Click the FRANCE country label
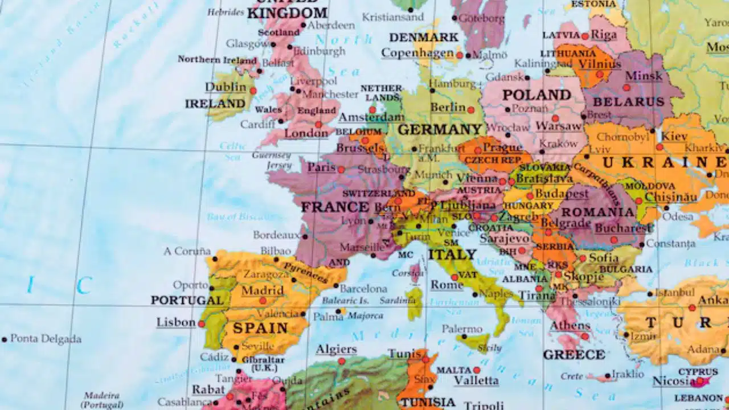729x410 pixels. tap(335, 207)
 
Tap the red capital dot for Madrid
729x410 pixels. tap(263, 301)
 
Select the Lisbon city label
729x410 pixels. tap(176, 322)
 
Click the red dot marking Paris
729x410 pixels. tap(341, 169)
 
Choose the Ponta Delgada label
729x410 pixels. tap(46, 339)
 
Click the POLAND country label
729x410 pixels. tap(536, 95)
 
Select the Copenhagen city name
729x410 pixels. tap(417, 53)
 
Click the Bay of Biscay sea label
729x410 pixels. tap(239, 217)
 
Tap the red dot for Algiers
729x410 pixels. tap(341, 361)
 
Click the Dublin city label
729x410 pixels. tap(226, 87)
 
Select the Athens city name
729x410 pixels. tap(570, 326)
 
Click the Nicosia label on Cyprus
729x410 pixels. tap(673, 381)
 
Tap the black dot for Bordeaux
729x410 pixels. tap(305, 236)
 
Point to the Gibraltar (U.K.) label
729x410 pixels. tap(264, 364)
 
